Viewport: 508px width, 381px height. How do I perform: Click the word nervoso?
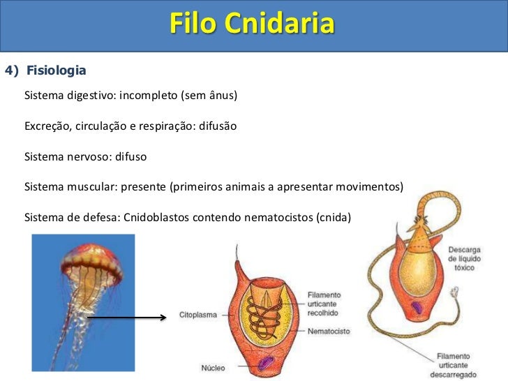[82, 157]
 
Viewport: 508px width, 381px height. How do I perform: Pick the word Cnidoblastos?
[158, 218]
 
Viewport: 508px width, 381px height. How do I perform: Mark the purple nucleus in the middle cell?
[266, 363]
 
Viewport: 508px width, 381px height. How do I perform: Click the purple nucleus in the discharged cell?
[417, 307]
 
